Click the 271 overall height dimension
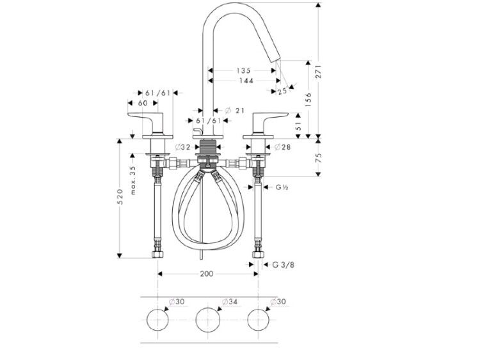pyautogui.click(x=319, y=71)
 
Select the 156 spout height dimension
pyautogui.click(x=308, y=100)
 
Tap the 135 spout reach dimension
pyautogui.click(x=243, y=70)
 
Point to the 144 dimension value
pyautogui.click(x=246, y=81)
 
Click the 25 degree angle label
pyautogui.click(x=282, y=91)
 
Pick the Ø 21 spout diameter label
pyautogui.click(x=235, y=111)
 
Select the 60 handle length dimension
pyautogui.click(x=143, y=103)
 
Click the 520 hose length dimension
pyautogui.click(x=120, y=197)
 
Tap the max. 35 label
pyautogui.click(x=133, y=180)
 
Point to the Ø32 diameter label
pyautogui.click(x=183, y=147)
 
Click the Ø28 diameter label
pyautogui.click(x=282, y=147)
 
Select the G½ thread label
pyautogui.click(x=282, y=187)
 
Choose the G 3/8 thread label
pyautogui.click(x=284, y=265)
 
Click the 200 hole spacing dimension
pyautogui.click(x=207, y=274)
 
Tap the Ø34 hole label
pyautogui.click(x=230, y=302)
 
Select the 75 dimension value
pyautogui.click(x=319, y=157)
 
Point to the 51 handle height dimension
pyautogui.click(x=299, y=125)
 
